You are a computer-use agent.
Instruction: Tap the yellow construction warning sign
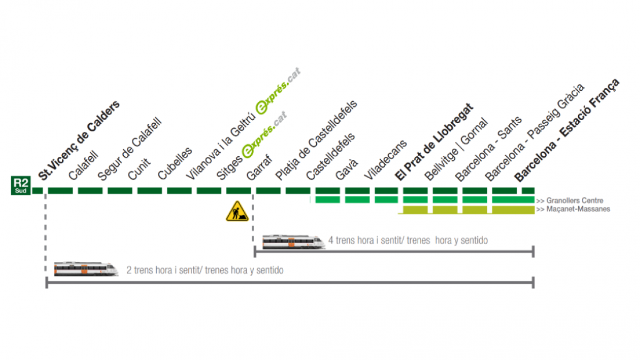(237, 211)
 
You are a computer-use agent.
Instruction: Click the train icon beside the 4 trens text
(293, 242)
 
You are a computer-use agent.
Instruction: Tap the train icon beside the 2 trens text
(86, 268)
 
